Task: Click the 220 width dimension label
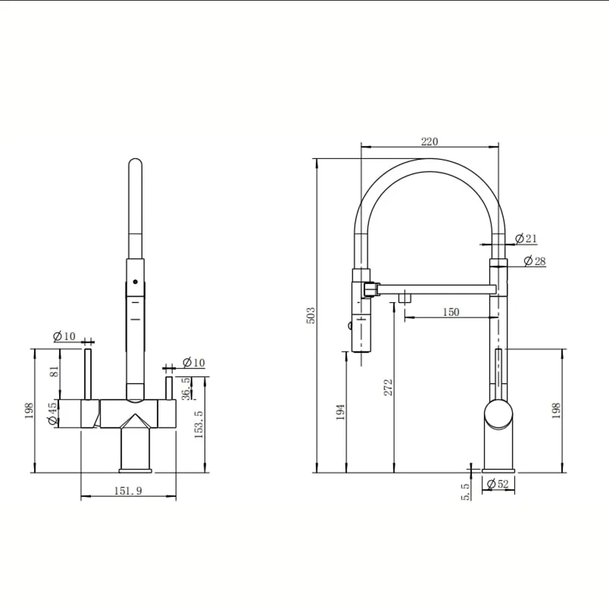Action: [x=429, y=141]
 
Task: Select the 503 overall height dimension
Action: [x=311, y=315]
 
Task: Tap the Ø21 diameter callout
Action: [x=526, y=238]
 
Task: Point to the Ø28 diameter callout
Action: [x=535, y=261]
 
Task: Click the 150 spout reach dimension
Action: [x=451, y=312]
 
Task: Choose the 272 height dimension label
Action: [x=388, y=387]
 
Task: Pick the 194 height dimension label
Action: [x=340, y=412]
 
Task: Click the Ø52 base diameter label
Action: [x=498, y=484]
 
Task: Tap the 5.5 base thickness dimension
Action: [x=466, y=491]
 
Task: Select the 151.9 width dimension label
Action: [x=128, y=490]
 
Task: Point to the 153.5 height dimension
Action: [x=199, y=424]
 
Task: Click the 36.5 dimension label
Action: [x=187, y=389]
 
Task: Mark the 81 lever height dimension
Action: [x=55, y=371]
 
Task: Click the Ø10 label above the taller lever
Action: [x=64, y=336]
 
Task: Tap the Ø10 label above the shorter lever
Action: [x=194, y=362]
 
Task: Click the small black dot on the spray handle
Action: [x=135, y=281]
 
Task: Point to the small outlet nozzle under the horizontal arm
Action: [x=405, y=298]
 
